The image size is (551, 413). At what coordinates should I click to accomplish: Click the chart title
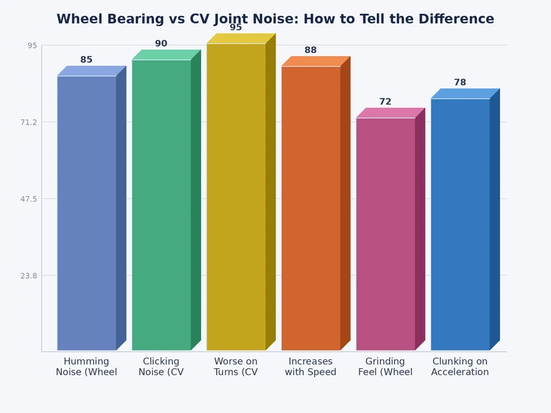click(x=275, y=19)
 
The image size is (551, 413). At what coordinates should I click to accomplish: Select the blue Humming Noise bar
click(x=87, y=213)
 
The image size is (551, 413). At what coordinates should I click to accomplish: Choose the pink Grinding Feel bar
click(x=386, y=234)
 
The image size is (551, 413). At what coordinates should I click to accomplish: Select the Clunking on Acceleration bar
click(x=460, y=224)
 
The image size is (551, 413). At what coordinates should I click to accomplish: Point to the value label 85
click(x=86, y=60)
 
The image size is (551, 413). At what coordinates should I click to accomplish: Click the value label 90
click(x=161, y=44)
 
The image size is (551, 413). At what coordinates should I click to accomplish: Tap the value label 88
click(x=311, y=50)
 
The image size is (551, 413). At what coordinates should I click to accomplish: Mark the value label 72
click(x=385, y=102)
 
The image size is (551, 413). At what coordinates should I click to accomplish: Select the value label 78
click(x=460, y=83)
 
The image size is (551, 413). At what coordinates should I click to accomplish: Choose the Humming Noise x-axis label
click(x=87, y=367)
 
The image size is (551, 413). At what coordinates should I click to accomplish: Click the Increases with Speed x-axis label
click(x=311, y=367)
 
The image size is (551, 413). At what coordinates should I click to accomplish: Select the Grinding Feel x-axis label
click(x=386, y=367)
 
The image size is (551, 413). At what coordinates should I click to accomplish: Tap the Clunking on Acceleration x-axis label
click(x=460, y=367)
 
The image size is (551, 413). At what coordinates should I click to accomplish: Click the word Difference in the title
click(x=458, y=19)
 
